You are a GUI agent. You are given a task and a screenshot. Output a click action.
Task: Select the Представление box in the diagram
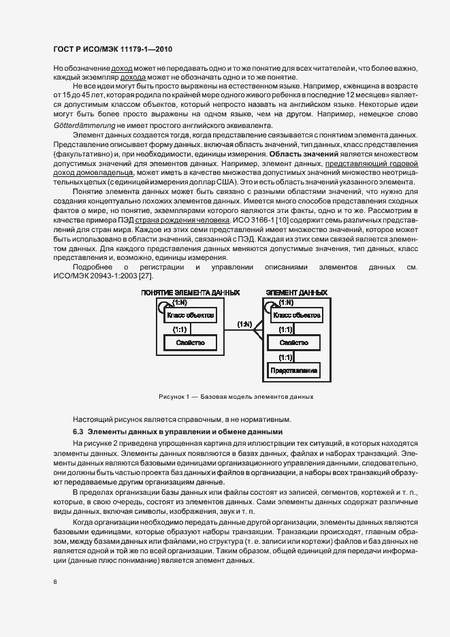click(293, 371)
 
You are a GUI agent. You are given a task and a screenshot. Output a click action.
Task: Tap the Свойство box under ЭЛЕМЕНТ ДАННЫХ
click(293, 343)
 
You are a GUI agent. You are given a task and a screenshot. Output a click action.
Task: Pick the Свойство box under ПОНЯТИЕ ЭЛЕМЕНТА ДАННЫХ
click(190, 343)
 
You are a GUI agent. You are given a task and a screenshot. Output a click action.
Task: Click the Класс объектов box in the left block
click(190, 315)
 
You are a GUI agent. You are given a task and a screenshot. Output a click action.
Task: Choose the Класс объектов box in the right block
click(294, 315)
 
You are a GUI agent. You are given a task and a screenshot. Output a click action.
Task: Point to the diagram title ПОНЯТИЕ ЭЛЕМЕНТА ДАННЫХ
click(190, 293)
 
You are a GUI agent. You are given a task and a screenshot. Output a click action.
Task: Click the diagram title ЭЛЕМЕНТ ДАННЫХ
click(296, 293)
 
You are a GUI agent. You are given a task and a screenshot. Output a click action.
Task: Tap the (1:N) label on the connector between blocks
click(244, 324)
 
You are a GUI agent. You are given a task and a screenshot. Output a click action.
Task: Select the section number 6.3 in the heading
click(78, 431)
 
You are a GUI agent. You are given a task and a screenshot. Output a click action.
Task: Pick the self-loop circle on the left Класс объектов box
click(163, 307)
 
